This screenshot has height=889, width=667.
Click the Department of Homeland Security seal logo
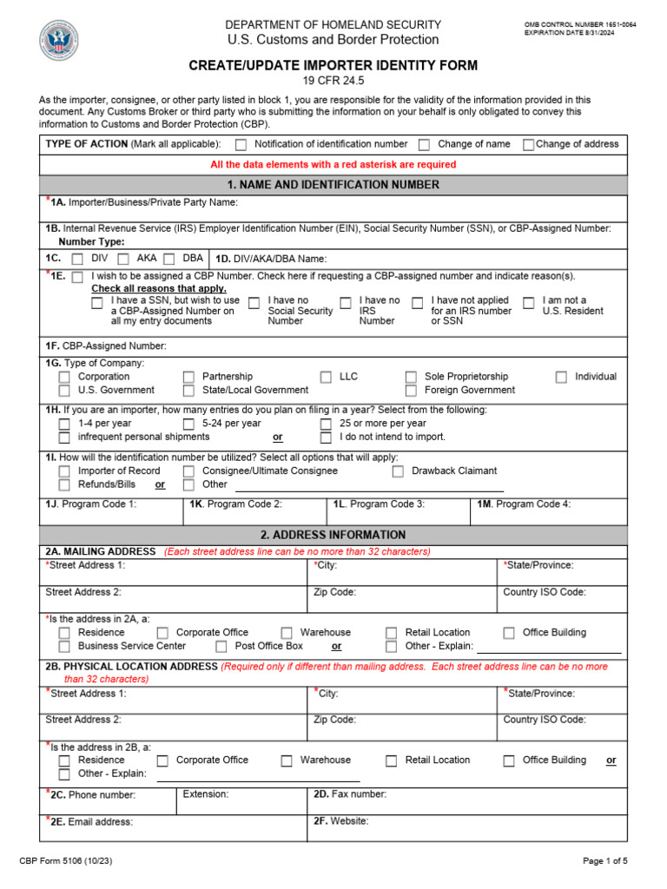tap(59, 42)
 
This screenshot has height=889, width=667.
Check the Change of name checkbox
tap(425, 145)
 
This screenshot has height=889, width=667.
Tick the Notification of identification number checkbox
tap(241, 145)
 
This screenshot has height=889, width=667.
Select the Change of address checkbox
tap(528, 145)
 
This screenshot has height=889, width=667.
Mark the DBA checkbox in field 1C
tap(169, 259)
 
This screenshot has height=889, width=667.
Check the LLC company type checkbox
tap(326, 378)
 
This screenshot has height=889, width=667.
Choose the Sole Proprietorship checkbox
tap(411, 378)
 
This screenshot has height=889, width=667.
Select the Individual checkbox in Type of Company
tap(561, 378)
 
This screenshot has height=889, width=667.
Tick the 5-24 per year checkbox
tap(188, 425)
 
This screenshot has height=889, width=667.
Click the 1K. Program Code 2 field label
tap(235, 504)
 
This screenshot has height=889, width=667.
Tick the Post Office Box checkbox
tap(221, 647)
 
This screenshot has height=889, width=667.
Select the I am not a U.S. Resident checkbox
tap(529, 302)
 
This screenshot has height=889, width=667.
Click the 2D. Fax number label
tap(350, 794)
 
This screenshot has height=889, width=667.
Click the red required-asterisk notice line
tap(333, 165)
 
